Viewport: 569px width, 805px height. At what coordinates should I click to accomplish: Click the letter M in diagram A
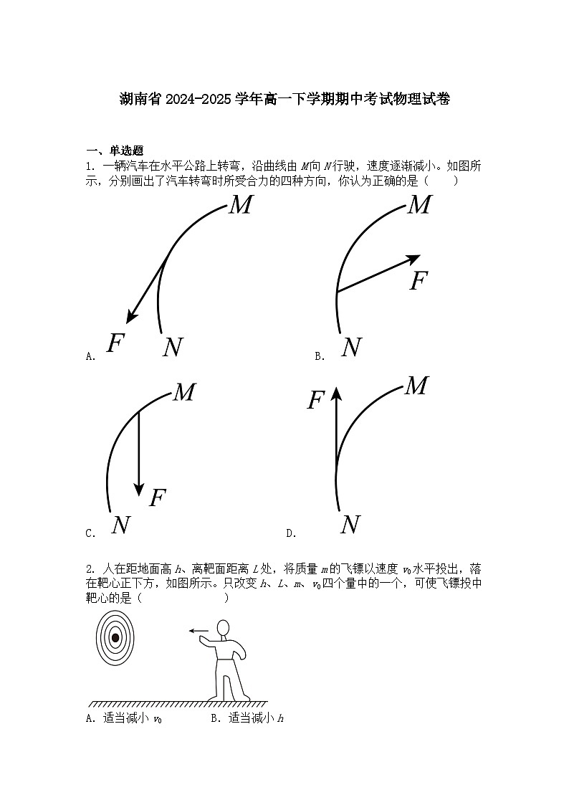(241, 206)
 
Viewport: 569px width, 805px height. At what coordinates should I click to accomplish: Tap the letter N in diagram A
(172, 348)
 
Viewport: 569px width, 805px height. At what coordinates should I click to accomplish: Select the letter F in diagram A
(115, 343)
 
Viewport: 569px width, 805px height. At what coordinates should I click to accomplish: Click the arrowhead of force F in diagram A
(130, 318)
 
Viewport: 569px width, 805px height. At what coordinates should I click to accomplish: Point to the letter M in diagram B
(419, 206)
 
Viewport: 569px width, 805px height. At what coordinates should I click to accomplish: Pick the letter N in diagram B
(351, 348)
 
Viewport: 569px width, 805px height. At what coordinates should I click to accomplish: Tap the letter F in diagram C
(158, 497)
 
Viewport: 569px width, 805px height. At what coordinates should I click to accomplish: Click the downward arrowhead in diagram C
(139, 489)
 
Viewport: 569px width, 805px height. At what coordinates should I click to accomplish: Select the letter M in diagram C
(184, 392)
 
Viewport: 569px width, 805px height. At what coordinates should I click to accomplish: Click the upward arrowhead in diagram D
(336, 391)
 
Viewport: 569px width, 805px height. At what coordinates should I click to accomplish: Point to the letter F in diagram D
(316, 401)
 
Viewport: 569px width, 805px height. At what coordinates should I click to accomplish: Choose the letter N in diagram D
(350, 525)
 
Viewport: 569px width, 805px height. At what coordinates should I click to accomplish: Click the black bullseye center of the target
(115, 637)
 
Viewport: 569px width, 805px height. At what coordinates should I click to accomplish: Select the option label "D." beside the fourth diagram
(291, 533)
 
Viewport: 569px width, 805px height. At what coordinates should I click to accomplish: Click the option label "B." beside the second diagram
(320, 356)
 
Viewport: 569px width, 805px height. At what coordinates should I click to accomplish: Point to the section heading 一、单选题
(115, 151)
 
